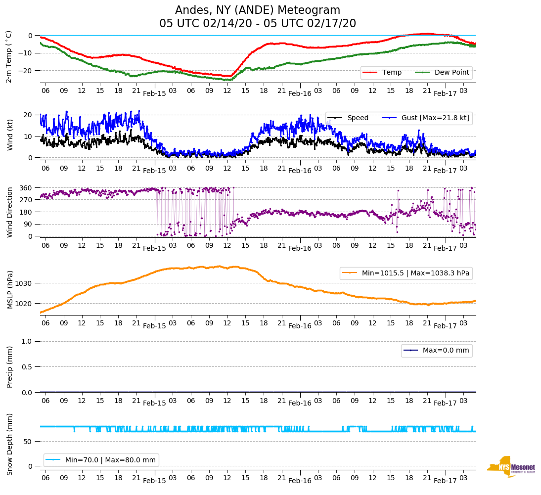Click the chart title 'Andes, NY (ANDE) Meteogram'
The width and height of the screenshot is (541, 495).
258,10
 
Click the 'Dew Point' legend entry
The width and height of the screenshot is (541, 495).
451,73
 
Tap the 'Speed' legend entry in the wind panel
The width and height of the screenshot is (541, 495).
358,118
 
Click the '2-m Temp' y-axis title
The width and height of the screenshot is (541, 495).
9,56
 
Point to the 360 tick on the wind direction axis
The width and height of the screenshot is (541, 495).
27,188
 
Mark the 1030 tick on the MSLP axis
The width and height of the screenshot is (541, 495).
25,283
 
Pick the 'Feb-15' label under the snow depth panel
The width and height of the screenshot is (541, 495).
154,481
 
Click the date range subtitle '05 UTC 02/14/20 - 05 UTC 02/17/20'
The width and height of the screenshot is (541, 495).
258,24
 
